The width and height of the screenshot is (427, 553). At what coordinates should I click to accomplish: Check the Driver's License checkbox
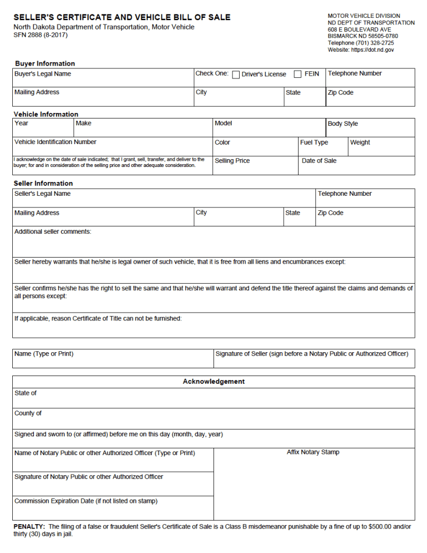pos(236,75)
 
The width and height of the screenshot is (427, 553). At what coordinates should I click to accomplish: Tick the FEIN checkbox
pos(297,75)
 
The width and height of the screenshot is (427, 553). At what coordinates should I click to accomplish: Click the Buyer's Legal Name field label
pos(43,74)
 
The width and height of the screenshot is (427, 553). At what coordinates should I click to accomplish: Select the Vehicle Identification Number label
pos(55,142)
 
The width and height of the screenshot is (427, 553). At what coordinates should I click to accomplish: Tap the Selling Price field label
pos(232,161)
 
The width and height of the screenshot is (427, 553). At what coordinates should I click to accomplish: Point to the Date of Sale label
pos(319,161)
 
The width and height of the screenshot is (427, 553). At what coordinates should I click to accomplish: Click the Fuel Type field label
pos(314,142)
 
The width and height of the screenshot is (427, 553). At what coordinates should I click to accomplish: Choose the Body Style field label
pos(342,124)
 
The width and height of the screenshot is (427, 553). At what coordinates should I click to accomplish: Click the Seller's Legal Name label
pos(42,194)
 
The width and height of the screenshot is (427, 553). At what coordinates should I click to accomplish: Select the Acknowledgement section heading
pos(213,382)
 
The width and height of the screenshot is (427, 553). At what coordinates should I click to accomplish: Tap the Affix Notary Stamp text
pos(313,452)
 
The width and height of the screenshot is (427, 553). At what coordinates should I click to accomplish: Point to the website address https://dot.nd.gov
pos(373,50)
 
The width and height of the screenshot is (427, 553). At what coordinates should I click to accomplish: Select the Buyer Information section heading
pos(44,63)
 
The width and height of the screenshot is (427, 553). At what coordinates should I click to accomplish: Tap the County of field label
pos(28,413)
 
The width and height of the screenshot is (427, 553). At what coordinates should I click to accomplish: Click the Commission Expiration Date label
pos(86,501)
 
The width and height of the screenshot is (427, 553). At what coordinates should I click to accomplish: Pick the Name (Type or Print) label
pos(44,354)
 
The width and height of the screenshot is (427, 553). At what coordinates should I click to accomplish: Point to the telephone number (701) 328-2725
pos(376,43)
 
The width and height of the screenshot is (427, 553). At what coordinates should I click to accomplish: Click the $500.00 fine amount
pos(380,526)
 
